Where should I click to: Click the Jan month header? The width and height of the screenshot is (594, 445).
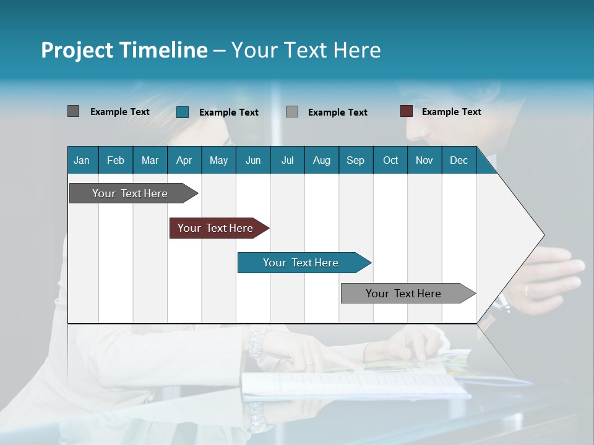82,160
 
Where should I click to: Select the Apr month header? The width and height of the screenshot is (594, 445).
184,160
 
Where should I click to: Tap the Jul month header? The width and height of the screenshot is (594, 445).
287,160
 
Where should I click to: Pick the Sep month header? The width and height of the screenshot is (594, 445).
355,160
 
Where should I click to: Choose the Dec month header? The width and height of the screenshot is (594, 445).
458,160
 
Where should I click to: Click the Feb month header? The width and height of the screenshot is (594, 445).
116,160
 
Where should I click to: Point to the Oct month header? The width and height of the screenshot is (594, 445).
390,160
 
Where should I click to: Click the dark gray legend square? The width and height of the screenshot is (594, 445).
73,111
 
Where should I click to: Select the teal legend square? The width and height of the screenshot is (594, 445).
183,112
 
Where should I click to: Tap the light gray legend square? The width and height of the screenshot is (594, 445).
292,111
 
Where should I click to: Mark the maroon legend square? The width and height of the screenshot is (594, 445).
407,111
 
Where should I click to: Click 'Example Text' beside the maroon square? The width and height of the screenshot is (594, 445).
451,112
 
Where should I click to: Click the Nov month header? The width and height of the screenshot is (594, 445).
424,160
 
